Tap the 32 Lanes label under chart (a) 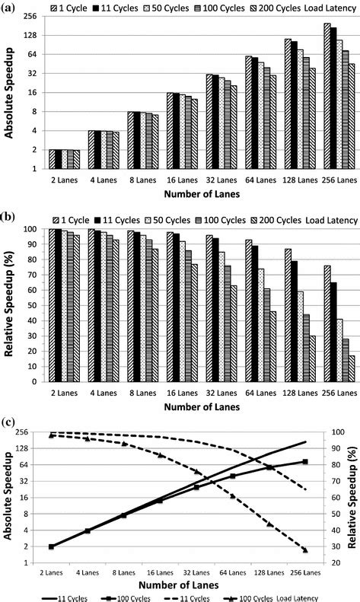221,181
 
